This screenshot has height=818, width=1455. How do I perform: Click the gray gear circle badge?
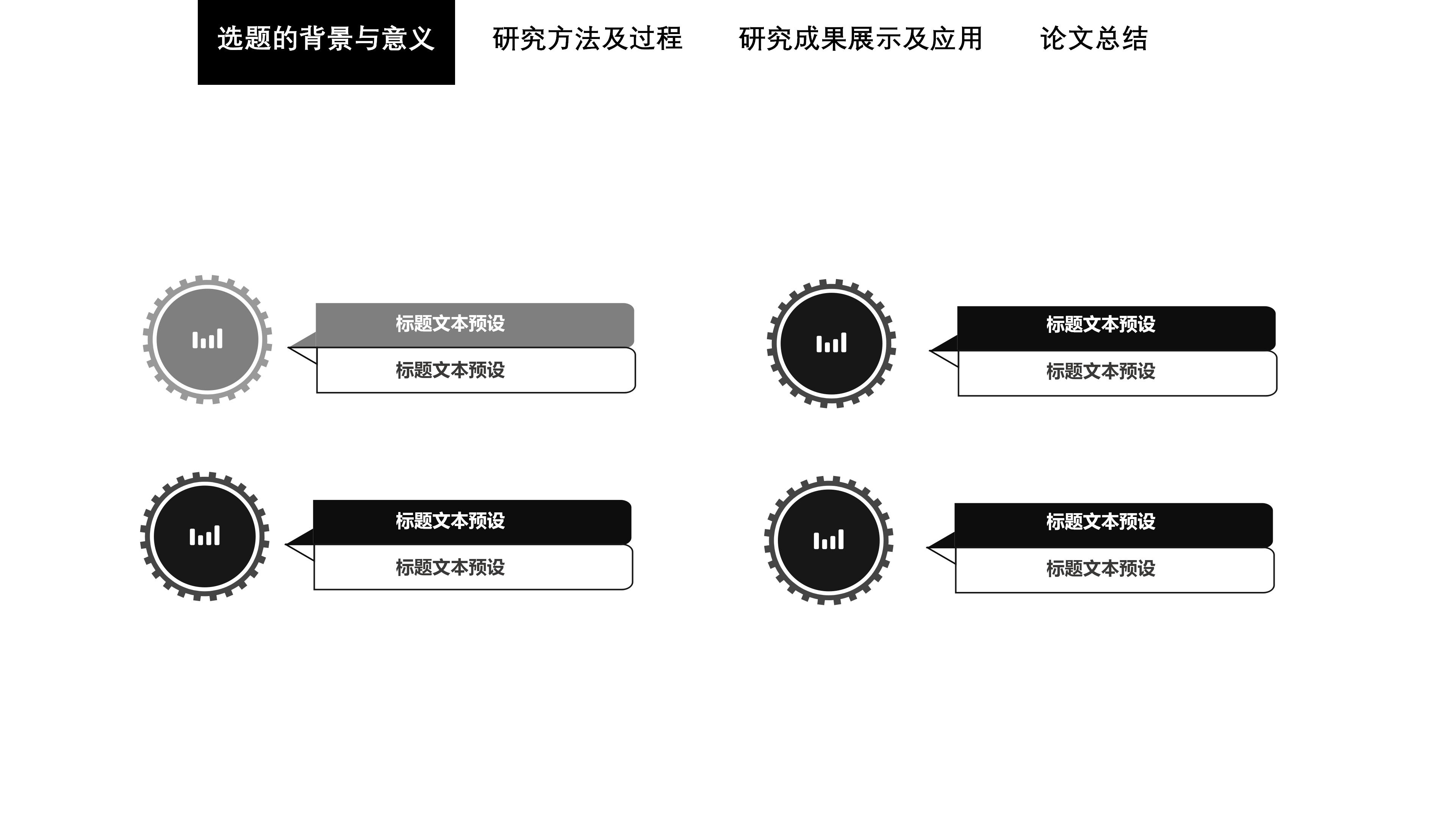[x=207, y=340]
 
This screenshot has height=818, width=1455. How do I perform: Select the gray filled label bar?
[x=474, y=324]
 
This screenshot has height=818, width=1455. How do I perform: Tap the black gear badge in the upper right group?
[x=831, y=343]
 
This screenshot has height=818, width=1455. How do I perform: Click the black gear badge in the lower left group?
[x=205, y=536]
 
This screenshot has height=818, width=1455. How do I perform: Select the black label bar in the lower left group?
[x=472, y=521]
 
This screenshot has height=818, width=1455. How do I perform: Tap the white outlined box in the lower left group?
[x=473, y=567]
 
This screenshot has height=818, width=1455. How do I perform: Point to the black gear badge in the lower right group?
[x=829, y=540]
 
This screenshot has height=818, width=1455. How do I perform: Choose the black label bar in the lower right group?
[x=1113, y=525]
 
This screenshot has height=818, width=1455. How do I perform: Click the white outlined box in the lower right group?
[x=1114, y=570]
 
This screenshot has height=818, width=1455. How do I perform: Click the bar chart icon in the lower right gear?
[x=829, y=540]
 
